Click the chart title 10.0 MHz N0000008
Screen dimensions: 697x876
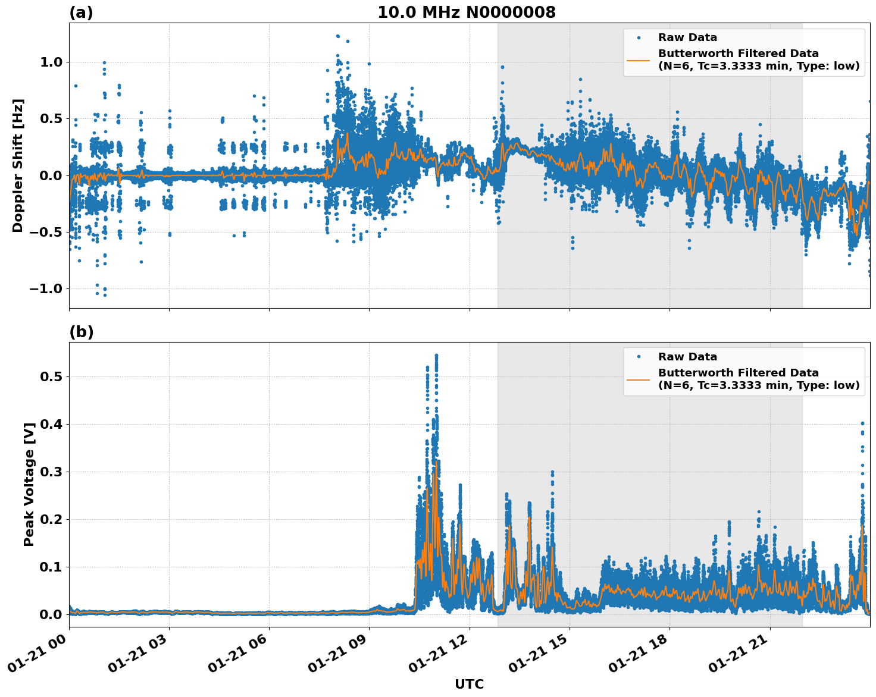(466, 12)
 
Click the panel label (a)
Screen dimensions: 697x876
(81, 12)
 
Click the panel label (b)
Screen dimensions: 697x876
(81, 332)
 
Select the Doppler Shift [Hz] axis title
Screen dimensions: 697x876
(18, 165)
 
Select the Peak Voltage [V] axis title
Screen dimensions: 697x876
(29, 484)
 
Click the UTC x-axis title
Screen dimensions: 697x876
(469, 684)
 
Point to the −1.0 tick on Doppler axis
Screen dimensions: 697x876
(45, 288)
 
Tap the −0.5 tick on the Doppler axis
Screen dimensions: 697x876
(45, 232)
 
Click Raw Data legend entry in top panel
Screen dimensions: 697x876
(687, 37)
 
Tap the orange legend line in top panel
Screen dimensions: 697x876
(638, 59)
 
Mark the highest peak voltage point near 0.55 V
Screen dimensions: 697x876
(436, 355)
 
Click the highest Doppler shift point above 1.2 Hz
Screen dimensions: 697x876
(337, 36)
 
